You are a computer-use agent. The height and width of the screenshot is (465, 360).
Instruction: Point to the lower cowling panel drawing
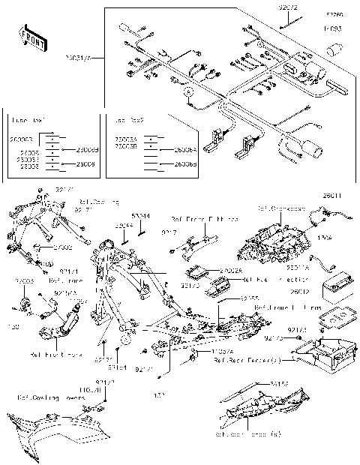[x=52, y=435]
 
